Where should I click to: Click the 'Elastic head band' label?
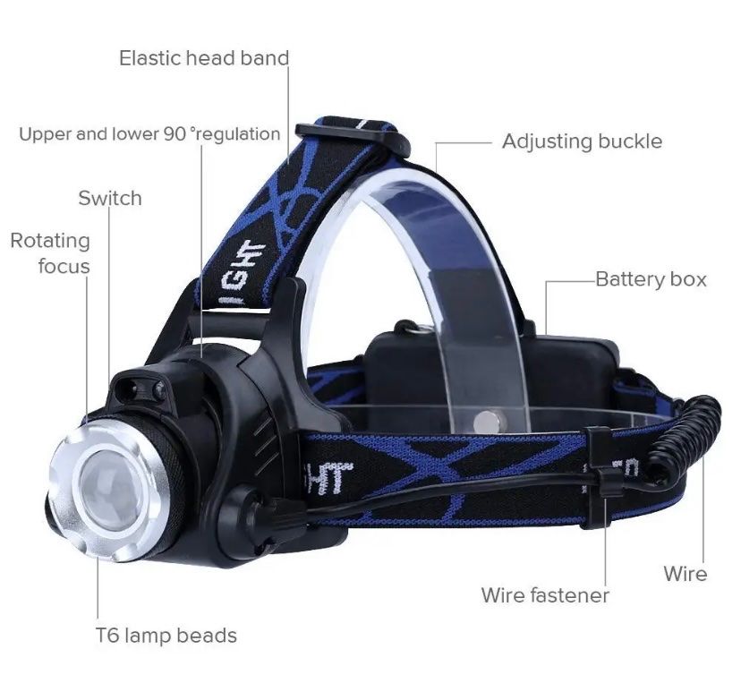point(204,58)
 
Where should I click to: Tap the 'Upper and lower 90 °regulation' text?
point(149,134)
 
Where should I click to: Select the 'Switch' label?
point(110,198)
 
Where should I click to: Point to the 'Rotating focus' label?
point(50,253)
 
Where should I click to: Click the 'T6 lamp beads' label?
point(166,636)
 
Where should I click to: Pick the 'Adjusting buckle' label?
point(583,141)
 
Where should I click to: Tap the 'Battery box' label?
point(651,279)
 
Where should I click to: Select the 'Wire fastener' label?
point(545,595)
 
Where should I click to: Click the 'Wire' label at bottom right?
point(686,574)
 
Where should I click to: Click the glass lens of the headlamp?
point(110,490)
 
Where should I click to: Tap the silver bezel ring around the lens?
point(107,491)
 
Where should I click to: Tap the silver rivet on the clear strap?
point(487,422)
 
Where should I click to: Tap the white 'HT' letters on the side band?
point(330,476)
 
